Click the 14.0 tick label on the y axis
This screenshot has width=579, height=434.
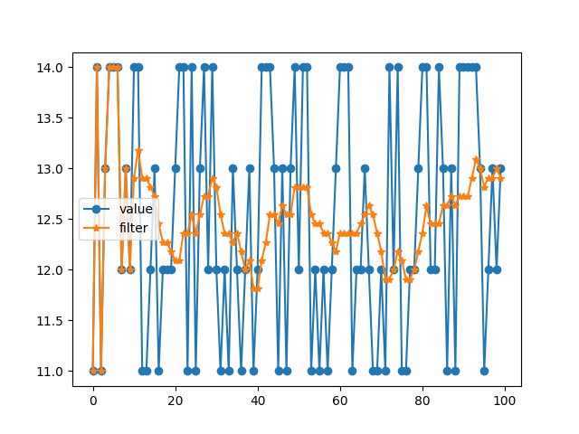(50, 68)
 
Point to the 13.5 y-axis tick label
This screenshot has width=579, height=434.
(50, 118)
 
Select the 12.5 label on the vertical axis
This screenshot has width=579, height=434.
(50, 220)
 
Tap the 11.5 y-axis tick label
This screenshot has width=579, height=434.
(50, 321)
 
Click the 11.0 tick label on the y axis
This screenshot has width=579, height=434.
(50, 372)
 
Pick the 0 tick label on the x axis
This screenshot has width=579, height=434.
(93, 401)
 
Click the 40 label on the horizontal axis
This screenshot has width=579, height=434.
(258, 401)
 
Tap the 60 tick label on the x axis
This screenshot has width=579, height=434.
(340, 401)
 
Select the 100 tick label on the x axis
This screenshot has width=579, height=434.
(505, 401)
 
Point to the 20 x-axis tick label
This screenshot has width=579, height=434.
(176, 401)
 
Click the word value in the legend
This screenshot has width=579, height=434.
(136, 209)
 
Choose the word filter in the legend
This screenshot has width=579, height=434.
(133, 228)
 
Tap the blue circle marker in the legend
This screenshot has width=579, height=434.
(97, 209)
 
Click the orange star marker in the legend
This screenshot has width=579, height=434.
(97, 228)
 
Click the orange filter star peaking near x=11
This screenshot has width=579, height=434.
(138, 151)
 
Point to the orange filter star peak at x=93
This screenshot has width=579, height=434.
(476, 159)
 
